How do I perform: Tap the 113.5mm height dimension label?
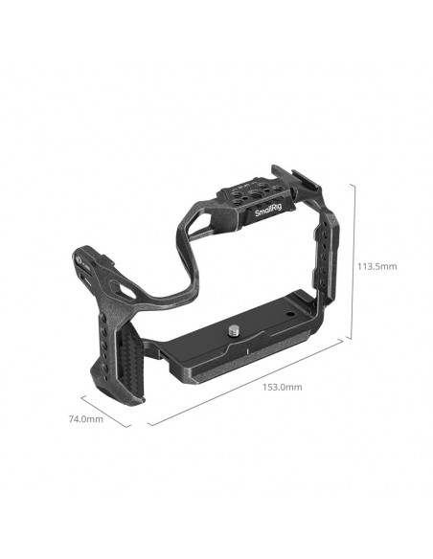pyautogui.click(x=377, y=266)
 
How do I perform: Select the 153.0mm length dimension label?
pyautogui.click(x=283, y=387)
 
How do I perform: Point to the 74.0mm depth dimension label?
pyautogui.click(x=85, y=419)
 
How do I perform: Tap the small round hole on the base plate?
pyautogui.click(x=290, y=314)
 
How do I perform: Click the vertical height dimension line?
pyautogui.click(x=353, y=261)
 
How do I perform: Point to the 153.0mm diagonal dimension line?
pyautogui.click(x=245, y=382)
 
